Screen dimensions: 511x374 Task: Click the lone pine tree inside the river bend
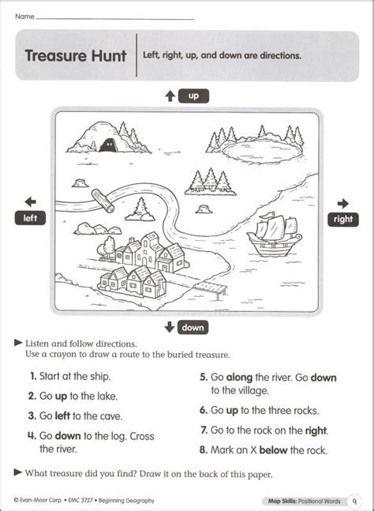142,209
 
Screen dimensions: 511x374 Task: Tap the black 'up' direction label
193,96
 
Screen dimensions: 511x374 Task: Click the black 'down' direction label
193,327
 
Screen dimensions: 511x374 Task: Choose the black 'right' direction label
343,219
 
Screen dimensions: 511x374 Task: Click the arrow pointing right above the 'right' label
343,202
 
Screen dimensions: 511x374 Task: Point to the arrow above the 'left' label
30,202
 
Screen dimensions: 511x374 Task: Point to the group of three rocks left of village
88,229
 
